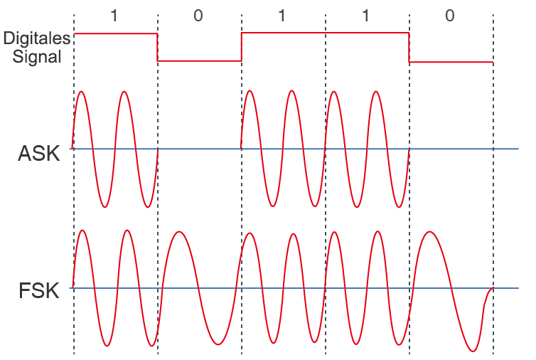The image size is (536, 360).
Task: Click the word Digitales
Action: [36, 38]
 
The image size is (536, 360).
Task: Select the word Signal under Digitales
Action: [37, 57]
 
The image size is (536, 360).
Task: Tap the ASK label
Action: [39, 153]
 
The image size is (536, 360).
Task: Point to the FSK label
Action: [39, 291]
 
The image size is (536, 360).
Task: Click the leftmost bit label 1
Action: [114, 16]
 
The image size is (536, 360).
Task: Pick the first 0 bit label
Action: [198, 16]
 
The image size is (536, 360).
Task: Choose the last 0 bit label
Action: [450, 16]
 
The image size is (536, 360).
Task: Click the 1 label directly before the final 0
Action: [366, 16]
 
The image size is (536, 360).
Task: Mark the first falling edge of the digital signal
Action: [157, 47]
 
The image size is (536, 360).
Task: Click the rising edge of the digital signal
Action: [241, 47]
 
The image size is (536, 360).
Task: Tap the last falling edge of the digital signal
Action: [409, 48]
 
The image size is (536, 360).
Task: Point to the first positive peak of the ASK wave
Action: [81, 92]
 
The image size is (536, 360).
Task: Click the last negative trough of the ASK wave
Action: [399, 206]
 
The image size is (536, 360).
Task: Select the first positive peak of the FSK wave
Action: [82, 231]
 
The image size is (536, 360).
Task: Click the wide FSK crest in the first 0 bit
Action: [178, 232]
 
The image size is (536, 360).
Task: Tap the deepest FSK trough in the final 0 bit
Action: [473, 351]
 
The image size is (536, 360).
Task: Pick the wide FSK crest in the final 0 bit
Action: [429, 232]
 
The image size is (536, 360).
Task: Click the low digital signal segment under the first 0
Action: [199, 61]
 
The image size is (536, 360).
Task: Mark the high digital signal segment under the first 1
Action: [116, 33]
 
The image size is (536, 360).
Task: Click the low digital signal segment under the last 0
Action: [451, 62]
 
